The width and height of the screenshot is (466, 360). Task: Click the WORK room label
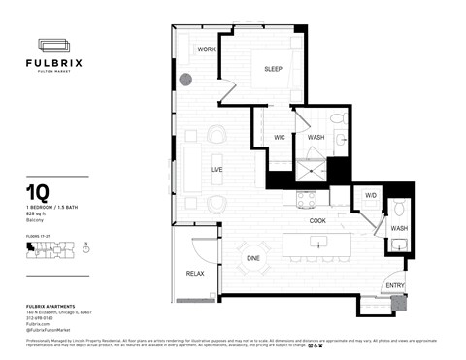pyautogui.click(x=206, y=49)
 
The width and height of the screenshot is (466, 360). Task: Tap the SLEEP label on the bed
pyautogui.click(x=273, y=68)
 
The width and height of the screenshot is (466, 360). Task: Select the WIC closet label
pyautogui.click(x=278, y=138)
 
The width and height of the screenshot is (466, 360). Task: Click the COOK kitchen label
pyautogui.click(x=317, y=220)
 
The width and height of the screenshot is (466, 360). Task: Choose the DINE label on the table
pyautogui.click(x=252, y=258)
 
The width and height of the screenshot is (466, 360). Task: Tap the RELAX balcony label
pyautogui.click(x=195, y=274)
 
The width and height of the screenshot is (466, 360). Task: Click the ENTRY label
pyautogui.click(x=393, y=284)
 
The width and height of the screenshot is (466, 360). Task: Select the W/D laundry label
pyautogui.click(x=370, y=196)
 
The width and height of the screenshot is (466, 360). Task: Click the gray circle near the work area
pyautogui.click(x=185, y=81)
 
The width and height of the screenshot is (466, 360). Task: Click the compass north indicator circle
pyautogui.click(x=86, y=249)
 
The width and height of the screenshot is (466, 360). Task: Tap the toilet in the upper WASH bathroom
pyautogui.click(x=337, y=119)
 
